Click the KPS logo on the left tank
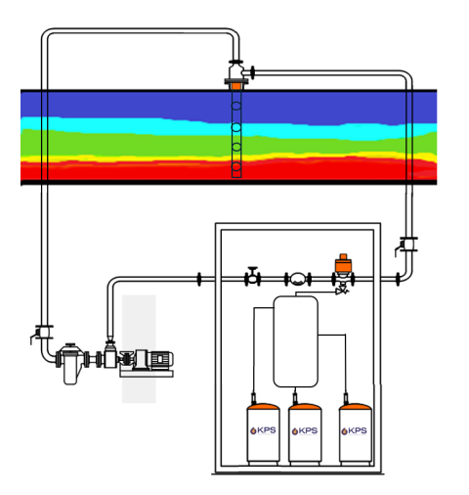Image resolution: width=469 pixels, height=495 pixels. pos(265,429)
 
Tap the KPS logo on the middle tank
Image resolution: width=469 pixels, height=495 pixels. pos(307,429)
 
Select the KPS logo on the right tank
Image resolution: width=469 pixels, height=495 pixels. pos(357,429)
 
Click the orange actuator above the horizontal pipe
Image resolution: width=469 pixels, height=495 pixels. pos(341,265)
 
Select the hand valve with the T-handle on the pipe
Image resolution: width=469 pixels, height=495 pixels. pos(253,277)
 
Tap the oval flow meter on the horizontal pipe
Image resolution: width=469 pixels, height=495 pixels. pos(295,280)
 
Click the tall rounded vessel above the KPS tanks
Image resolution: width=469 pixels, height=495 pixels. pos(296,341)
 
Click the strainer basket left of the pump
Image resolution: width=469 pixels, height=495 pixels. pos(70,364)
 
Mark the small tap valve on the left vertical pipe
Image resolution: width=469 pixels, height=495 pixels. pos(39,333)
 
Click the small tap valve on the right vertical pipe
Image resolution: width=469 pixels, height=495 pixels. pos(407,246)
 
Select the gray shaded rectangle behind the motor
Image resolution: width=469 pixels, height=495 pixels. pos(138,387)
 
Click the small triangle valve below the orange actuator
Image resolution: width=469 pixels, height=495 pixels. pos(340,290)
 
